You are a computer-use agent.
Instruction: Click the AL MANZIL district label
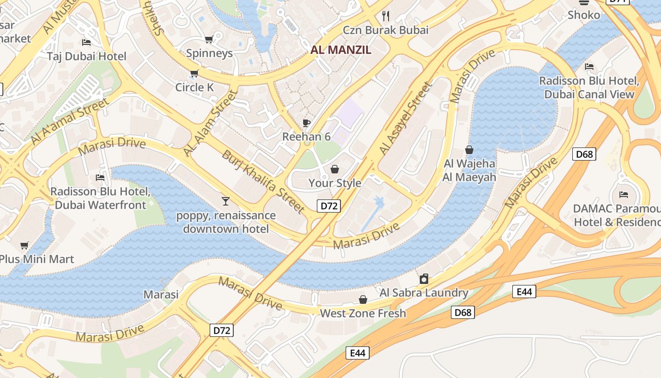point(341,50)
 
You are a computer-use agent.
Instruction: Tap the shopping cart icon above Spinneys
point(209,39)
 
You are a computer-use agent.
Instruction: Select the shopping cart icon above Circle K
point(194,73)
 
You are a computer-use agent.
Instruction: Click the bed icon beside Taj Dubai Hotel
point(86,43)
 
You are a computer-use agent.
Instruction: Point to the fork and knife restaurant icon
point(386,16)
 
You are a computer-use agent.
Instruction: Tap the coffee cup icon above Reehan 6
point(306,123)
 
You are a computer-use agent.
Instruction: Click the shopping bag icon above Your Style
point(335,169)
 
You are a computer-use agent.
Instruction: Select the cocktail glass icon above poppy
point(226,201)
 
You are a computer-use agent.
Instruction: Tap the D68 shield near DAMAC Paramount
point(584,154)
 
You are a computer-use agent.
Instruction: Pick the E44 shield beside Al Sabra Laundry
point(524,292)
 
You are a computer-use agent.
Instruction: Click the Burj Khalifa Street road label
point(263,181)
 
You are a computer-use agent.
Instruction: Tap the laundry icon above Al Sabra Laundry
point(424,279)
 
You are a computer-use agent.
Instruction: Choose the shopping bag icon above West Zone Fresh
point(363,300)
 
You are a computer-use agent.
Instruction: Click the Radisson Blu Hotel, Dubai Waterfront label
point(100,198)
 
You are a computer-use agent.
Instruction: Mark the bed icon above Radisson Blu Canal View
point(589,67)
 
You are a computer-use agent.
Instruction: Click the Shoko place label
point(584,15)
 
